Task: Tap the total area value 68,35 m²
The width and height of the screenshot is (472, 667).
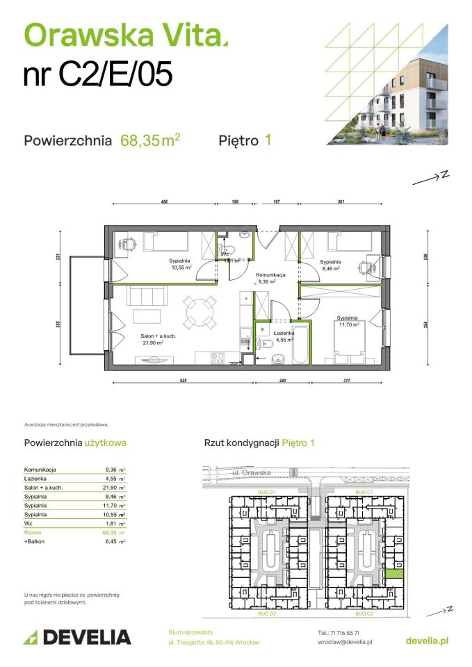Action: (150, 140)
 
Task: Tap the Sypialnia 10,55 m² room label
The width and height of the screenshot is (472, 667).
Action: (178, 265)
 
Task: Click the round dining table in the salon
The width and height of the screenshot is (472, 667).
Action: (199, 311)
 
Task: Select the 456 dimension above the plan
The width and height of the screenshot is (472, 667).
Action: (165, 202)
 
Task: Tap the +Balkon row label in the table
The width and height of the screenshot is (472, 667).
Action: (35, 541)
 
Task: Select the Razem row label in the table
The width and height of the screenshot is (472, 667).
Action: (33, 532)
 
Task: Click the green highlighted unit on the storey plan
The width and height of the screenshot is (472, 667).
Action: (394, 574)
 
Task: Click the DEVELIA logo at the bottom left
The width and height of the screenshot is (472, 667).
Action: (77, 637)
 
